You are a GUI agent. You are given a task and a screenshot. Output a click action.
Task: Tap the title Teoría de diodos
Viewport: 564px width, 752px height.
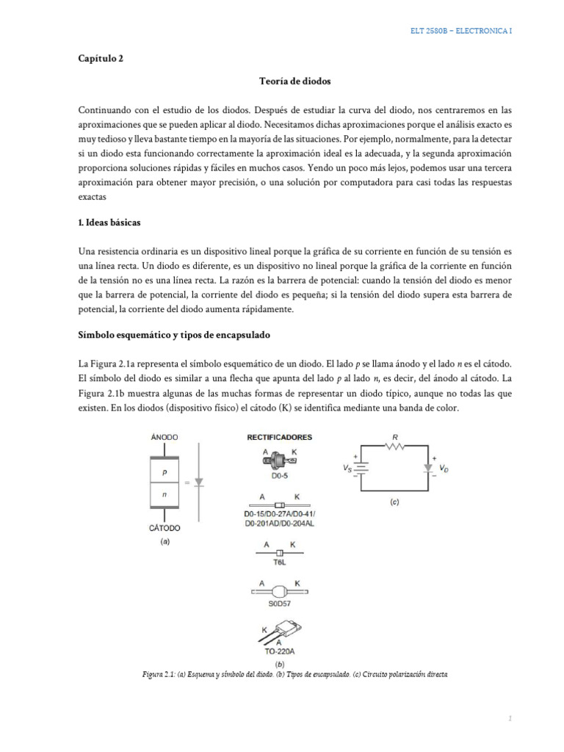click(282, 85)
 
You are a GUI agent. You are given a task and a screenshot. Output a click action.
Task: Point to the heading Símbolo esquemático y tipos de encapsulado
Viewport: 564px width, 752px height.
click(175, 334)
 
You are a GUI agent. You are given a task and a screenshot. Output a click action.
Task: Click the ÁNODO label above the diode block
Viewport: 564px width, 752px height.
click(164, 436)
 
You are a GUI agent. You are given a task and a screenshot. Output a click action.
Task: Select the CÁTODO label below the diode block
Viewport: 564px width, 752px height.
click(164, 527)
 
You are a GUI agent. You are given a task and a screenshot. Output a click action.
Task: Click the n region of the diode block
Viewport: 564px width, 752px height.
click(164, 495)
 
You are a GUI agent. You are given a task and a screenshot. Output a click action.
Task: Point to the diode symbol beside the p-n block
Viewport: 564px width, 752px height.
click(198, 482)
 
